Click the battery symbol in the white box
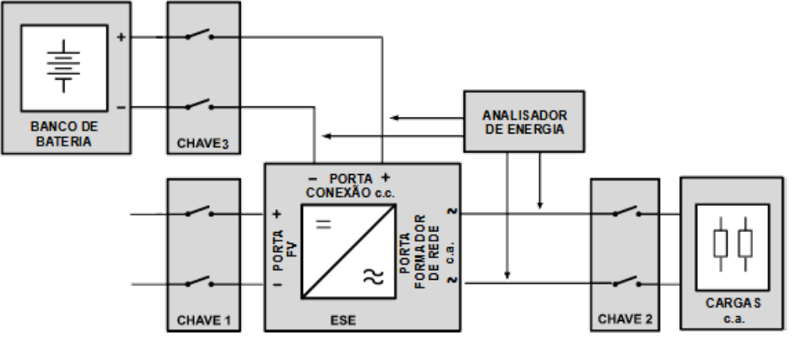coord(64,66)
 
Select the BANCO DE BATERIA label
coord(64,134)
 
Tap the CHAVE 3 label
coord(203,144)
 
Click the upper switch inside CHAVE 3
coord(200,35)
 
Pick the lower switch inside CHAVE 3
coord(200,105)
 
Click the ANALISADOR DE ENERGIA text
coord(525,122)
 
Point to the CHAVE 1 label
coord(204,320)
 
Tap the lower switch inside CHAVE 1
coord(200,282)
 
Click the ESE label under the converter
coord(343,320)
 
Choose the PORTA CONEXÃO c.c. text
coord(351,186)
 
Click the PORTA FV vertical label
coord(285,250)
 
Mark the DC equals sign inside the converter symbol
coord(323,224)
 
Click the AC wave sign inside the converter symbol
coord(374,277)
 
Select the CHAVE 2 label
coord(625,319)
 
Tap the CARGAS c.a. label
coord(733,311)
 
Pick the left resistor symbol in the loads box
coord(720,244)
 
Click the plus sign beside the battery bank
coord(121,37)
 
